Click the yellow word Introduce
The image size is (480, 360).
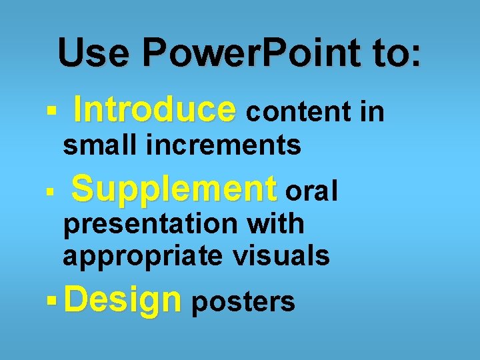point(155,110)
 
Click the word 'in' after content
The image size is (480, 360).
point(372,113)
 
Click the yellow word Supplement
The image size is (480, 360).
point(174,189)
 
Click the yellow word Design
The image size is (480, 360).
point(123,301)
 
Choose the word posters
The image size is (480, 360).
point(243,302)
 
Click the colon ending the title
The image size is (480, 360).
point(417,55)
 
